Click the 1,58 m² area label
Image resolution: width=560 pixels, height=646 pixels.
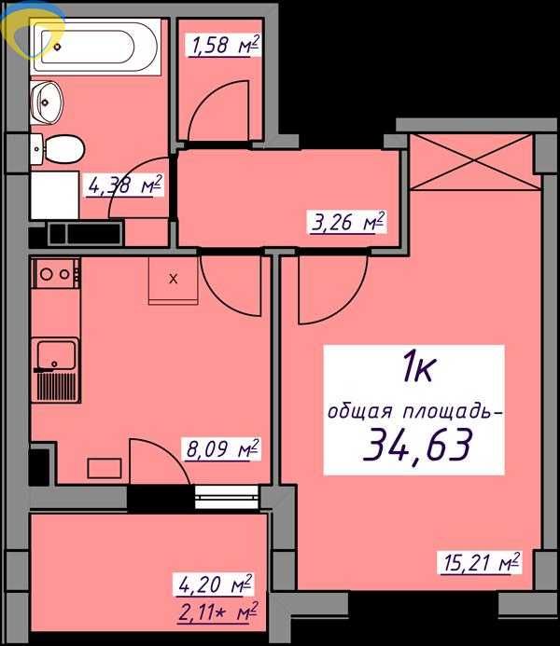pos(225,45)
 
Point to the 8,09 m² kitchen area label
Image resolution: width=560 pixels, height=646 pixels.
pos(221,451)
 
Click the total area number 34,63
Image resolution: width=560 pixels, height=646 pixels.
pos(414,446)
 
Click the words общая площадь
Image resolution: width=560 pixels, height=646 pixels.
pos(414,412)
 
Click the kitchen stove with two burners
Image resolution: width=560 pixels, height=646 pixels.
pos(56,273)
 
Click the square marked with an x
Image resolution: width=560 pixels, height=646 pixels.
pos(173,278)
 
